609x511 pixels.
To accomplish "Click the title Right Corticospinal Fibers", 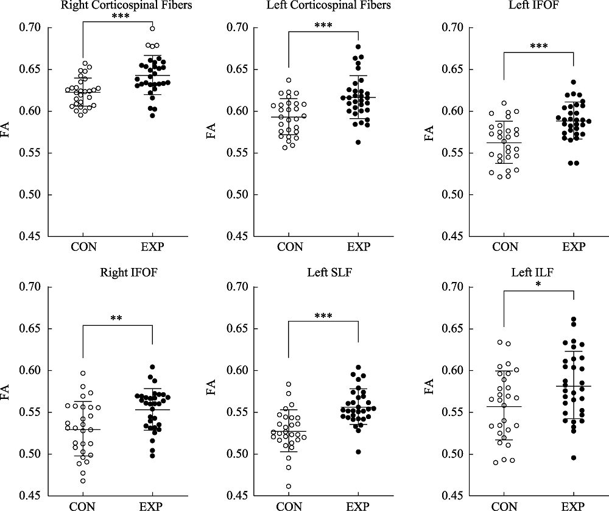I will coord(117,7).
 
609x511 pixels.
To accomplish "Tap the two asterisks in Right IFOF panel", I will coord(117,318).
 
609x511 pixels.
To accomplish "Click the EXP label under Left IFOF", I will coord(574,247).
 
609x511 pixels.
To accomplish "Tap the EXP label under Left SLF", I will coord(359,506).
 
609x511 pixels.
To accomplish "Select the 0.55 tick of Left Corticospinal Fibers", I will coord(238,153).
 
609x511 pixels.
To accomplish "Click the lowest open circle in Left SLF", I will coord(289,486).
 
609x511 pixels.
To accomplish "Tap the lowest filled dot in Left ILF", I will coord(573,457).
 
